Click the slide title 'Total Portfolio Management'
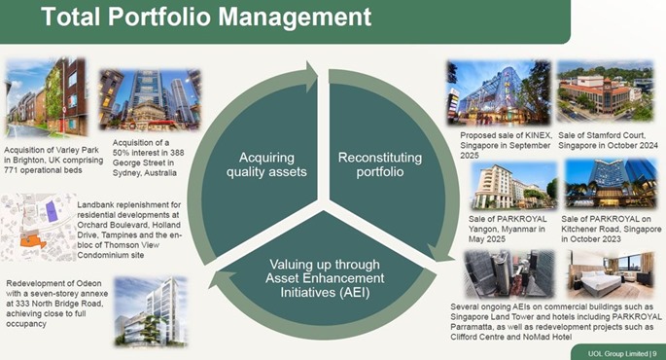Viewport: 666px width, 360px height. [x=193, y=17]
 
